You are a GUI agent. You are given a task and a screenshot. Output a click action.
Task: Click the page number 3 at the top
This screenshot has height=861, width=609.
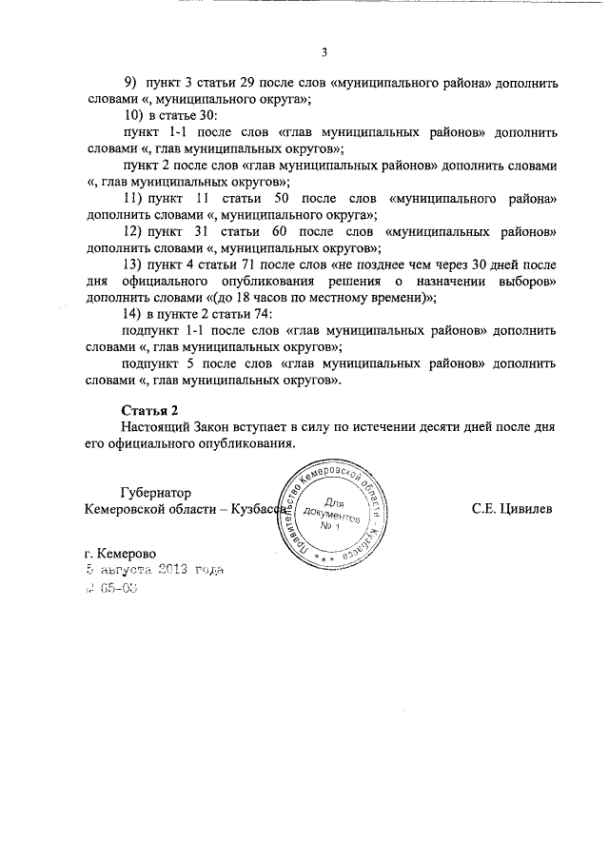[324, 52]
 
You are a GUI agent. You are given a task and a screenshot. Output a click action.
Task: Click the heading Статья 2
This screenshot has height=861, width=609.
[150, 410]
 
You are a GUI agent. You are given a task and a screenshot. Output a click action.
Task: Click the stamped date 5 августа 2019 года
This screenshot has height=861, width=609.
[153, 571]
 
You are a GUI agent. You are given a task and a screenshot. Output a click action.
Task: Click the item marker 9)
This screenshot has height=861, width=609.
[130, 83]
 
